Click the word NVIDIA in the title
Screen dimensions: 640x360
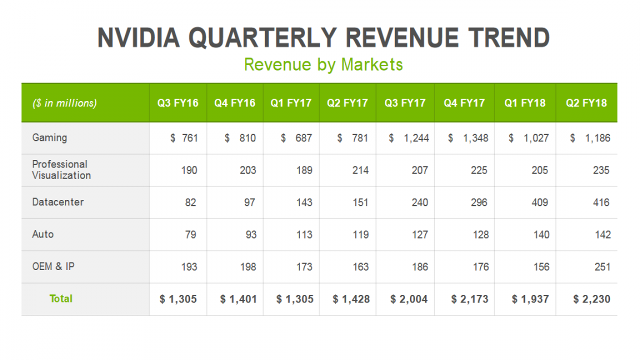click(x=138, y=37)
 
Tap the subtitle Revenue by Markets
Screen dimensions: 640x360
click(x=323, y=65)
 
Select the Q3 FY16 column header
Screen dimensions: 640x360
click(x=177, y=103)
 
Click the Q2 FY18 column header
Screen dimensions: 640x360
click(x=586, y=103)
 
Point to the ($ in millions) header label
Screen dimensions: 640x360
click(x=64, y=103)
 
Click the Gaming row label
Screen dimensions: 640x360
click(x=49, y=138)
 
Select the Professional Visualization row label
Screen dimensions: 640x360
click(x=61, y=169)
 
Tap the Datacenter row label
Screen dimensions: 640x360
click(x=58, y=202)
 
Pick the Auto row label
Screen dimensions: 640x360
click(x=43, y=234)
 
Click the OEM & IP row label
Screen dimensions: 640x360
click(x=53, y=266)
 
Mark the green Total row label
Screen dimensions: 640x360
click(x=61, y=299)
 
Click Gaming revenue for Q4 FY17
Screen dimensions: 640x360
click(x=468, y=138)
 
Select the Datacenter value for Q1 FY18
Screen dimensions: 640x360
click(x=539, y=202)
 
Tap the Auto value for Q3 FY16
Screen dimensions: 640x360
click(x=190, y=235)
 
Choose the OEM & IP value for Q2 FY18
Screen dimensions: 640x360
click(x=602, y=267)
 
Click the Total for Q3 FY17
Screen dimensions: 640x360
click(x=409, y=299)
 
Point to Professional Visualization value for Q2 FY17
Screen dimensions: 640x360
click(x=360, y=170)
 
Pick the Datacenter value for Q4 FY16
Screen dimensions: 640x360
click(x=249, y=202)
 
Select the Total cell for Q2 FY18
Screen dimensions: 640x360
click(x=591, y=299)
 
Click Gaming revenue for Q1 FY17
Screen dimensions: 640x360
click(x=296, y=138)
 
